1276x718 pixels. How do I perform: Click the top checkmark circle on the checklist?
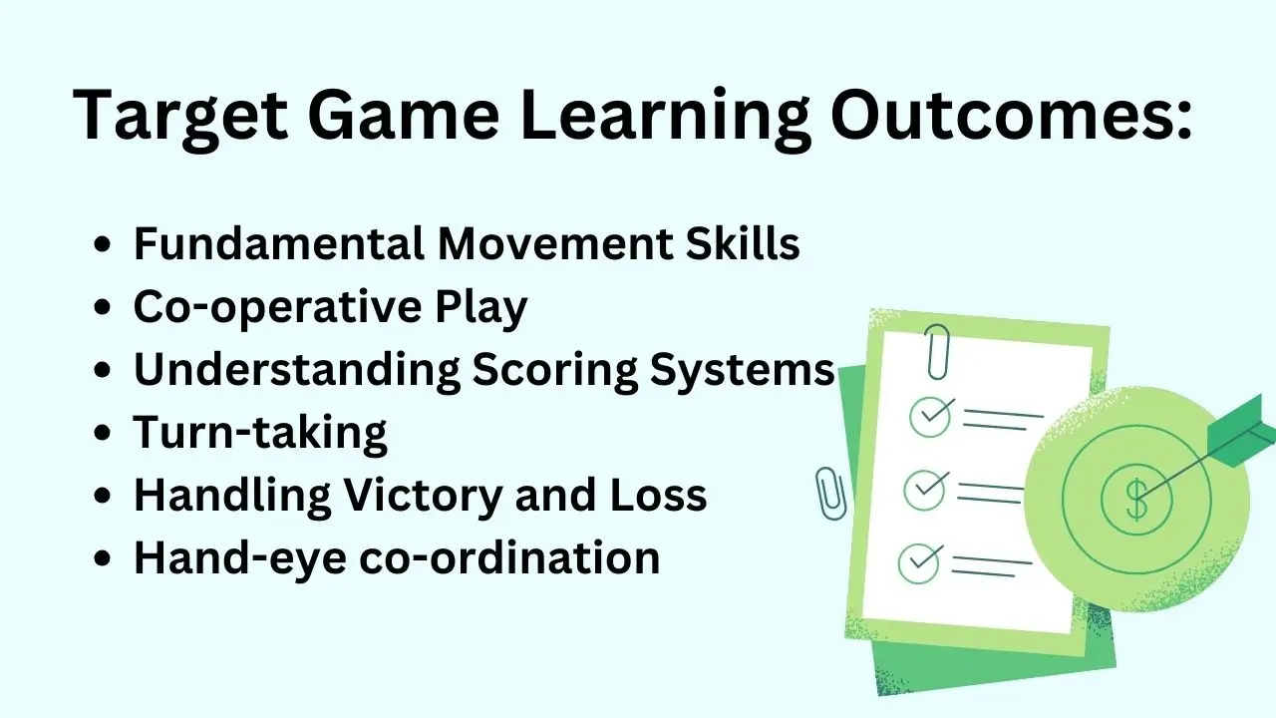pyautogui.click(x=930, y=417)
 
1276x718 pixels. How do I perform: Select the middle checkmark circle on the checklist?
pyautogui.click(x=924, y=489)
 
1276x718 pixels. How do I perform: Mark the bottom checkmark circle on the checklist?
pyautogui.click(x=918, y=563)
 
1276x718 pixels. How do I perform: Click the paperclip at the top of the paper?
pyautogui.click(x=937, y=351)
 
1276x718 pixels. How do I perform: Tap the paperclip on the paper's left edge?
pyautogui.click(x=829, y=494)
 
